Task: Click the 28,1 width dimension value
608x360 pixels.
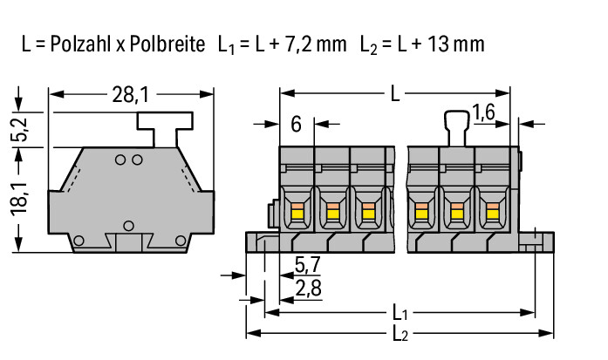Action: pyautogui.click(x=130, y=94)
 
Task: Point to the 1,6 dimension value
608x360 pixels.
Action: pyautogui.click(x=483, y=112)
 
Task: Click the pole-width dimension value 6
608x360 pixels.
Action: pyautogui.click(x=296, y=125)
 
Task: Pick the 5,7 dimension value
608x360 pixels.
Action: pyautogui.click(x=308, y=265)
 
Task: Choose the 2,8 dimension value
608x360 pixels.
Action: pyautogui.click(x=308, y=289)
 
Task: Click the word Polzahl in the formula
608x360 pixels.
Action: pyautogui.click(x=80, y=44)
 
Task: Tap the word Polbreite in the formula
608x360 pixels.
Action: pyautogui.click(x=167, y=44)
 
